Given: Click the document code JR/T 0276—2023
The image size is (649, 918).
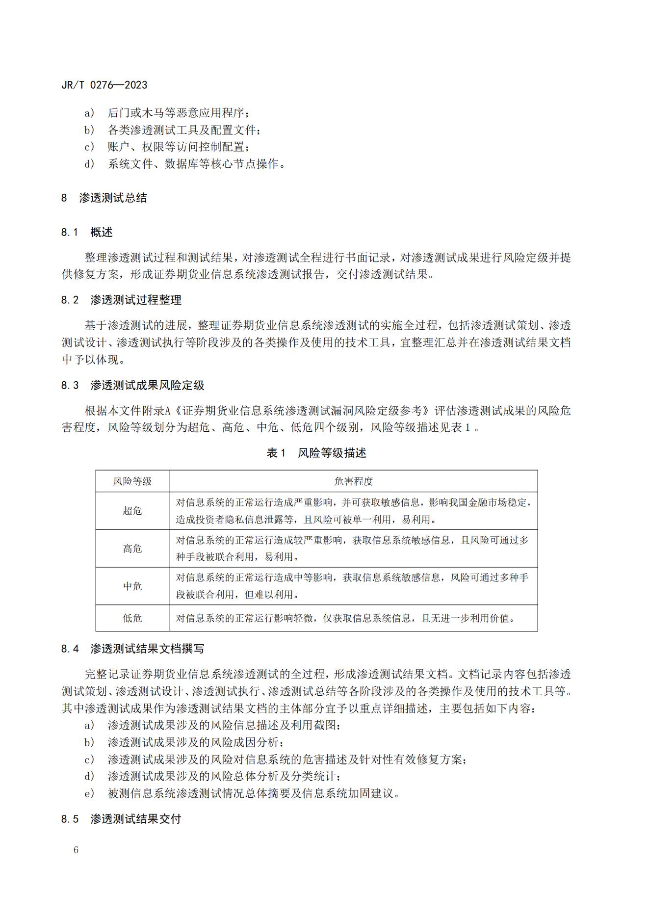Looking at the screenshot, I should [104, 85].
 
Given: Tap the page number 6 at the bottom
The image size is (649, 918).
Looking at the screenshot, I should [76, 850].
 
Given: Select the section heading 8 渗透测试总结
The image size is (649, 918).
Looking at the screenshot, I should [104, 198].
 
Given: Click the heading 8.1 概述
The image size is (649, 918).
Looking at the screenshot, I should [87, 232].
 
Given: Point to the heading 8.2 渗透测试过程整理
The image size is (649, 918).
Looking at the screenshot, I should [121, 300].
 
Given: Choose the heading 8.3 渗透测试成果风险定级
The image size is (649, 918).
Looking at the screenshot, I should [132, 385].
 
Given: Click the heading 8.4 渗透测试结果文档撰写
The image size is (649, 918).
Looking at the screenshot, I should [132, 649].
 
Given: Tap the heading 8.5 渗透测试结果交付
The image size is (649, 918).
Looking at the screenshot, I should [121, 818].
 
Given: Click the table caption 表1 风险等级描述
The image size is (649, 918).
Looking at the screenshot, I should [316, 453].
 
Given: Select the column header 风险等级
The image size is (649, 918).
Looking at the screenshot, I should [132, 481].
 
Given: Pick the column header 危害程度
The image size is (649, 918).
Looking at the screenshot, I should [353, 481].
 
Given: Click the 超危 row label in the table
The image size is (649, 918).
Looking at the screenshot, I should [132, 511].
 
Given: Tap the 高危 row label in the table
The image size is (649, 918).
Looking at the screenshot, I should [132, 549].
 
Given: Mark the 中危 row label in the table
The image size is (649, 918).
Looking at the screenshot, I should [132, 586].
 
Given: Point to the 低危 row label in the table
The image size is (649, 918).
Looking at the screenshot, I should [132, 618].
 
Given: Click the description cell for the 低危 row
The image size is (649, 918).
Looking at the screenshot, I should [346, 618].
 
